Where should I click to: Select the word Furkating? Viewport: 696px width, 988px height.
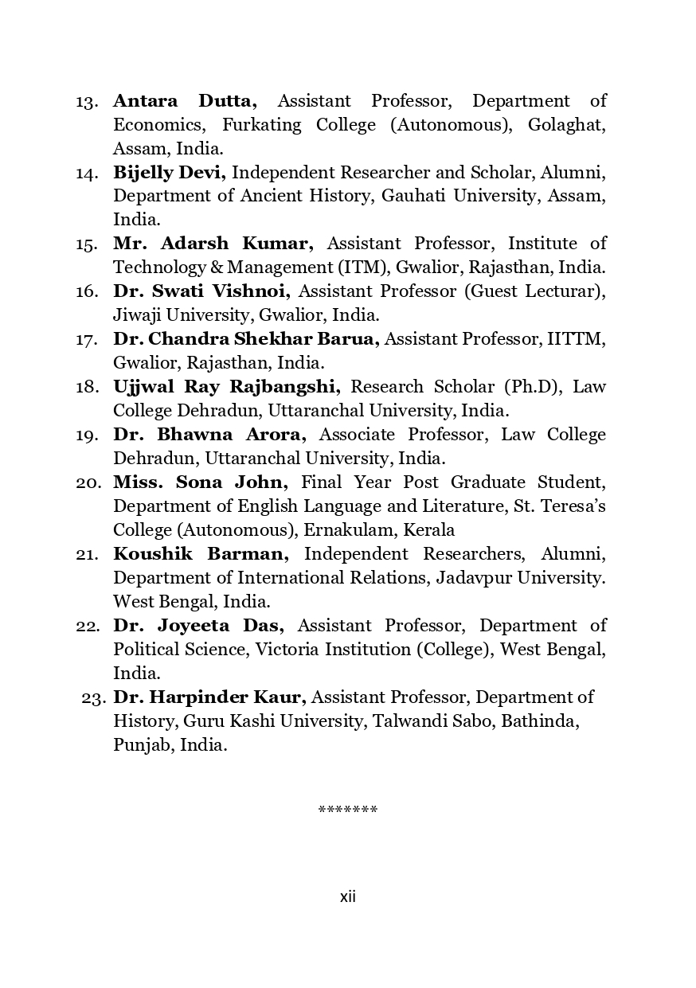(261, 125)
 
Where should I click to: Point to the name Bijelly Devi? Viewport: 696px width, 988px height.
(170, 173)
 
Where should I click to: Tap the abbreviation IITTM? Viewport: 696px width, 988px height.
(576, 339)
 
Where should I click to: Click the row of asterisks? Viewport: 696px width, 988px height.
(347, 810)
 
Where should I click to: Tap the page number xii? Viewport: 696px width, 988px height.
(348, 897)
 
